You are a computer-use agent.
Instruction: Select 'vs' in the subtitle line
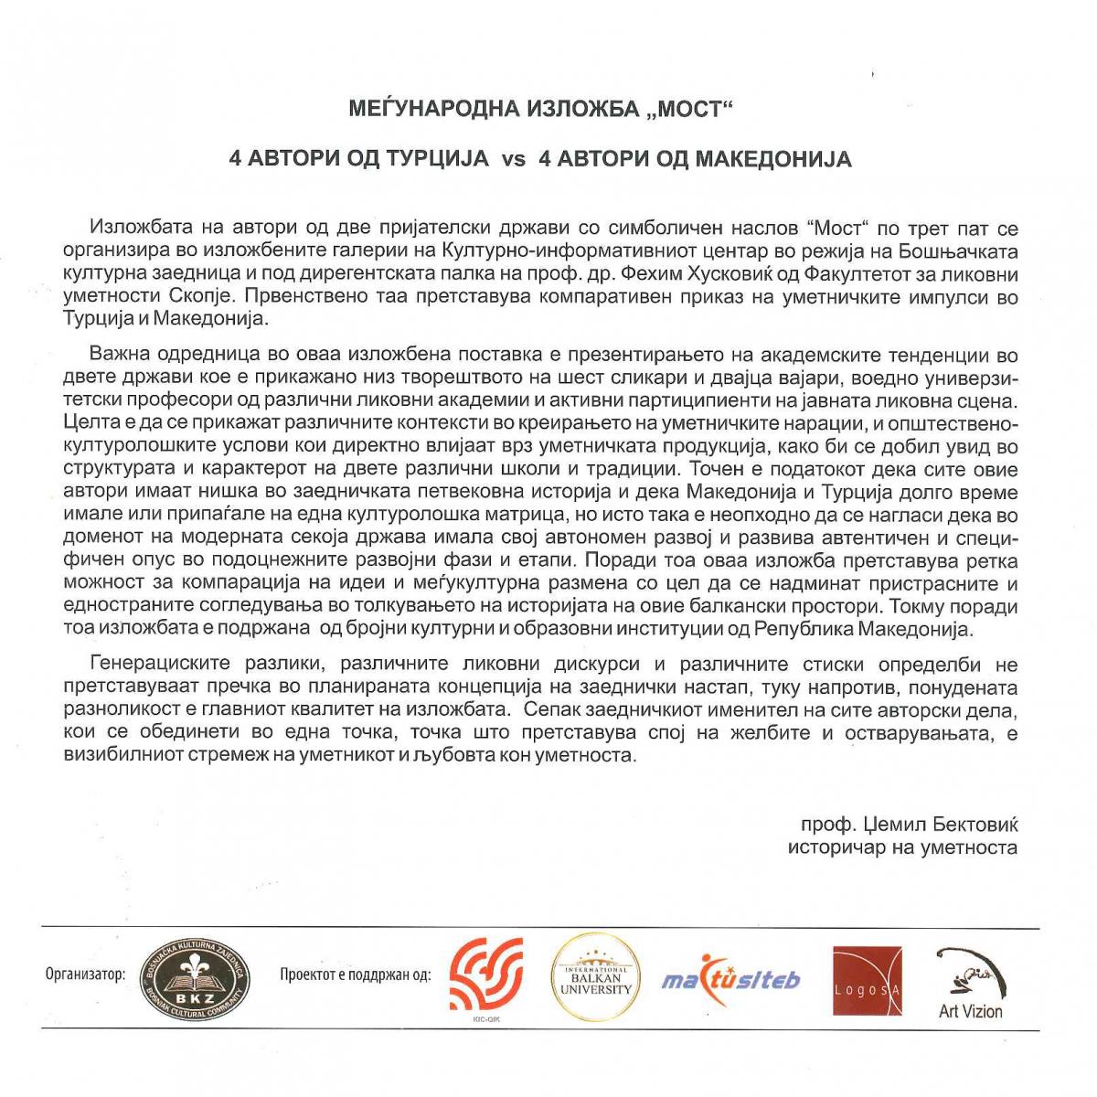point(514,160)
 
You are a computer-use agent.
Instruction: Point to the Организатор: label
point(85,974)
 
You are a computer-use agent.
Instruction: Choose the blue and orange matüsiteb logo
point(731,981)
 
